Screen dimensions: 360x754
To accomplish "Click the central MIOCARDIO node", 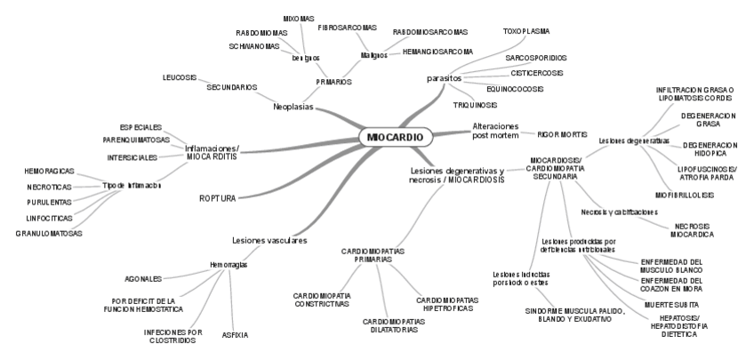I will click(x=396, y=137).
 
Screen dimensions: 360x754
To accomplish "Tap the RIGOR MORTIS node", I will click(x=562, y=134).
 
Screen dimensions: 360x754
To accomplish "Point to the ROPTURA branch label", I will click(x=218, y=198).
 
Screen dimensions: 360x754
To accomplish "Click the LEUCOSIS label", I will click(x=179, y=77).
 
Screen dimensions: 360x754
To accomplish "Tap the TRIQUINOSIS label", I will click(x=475, y=105).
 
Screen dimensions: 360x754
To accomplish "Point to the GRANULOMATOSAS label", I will click(x=49, y=233).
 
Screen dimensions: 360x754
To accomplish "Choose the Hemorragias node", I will click(x=229, y=265).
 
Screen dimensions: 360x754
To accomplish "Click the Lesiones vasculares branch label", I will click(x=269, y=240).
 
